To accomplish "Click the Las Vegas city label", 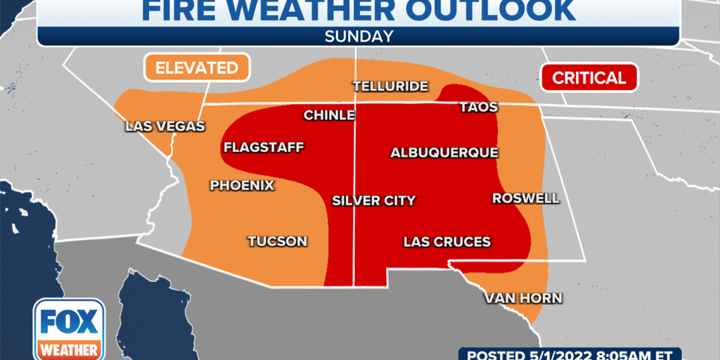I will [x=165, y=127].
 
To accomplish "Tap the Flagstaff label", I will [x=263, y=148].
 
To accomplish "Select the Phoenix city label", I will [x=242, y=186].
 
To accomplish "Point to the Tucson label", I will [x=277, y=241].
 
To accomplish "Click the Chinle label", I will [x=328, y=115].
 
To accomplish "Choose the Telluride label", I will [x=390, y=86].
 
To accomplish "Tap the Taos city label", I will [x=478, y=108].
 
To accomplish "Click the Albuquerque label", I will [x=444, y=153].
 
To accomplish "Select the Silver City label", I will [x=373, y=200].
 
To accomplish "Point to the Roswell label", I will [x=525, y=198].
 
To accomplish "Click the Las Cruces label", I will [x=446, y=242].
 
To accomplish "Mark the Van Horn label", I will [x=523, y=298].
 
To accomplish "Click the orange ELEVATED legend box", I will [x=197, y=68].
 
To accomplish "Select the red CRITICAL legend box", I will [x=589, y=77].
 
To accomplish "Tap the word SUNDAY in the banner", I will [x=359, y=37].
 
